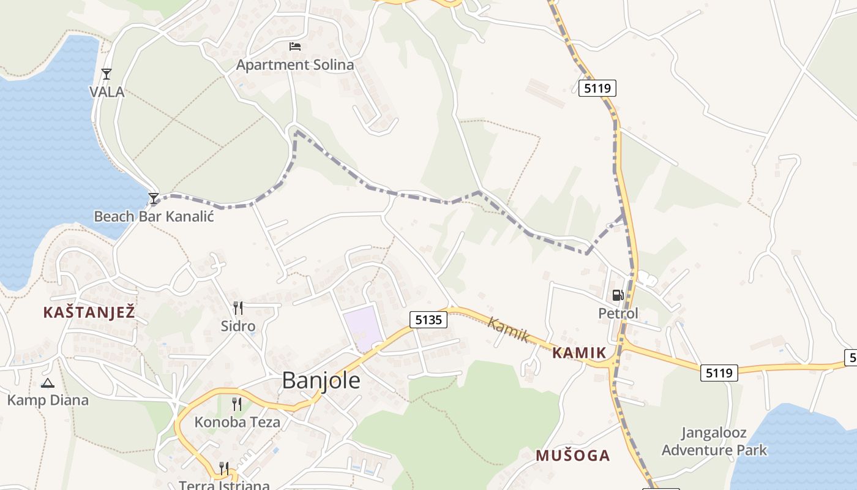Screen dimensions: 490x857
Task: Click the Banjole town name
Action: tap(321, 380)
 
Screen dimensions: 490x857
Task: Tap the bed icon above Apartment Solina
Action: tap(295, 46)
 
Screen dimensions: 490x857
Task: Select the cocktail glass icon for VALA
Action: tap(107, 74)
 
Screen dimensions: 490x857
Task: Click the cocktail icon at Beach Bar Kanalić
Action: tap(154, 198)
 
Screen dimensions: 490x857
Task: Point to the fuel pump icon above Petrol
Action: tap(618, 295)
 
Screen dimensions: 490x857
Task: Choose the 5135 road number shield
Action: tap(428, 319)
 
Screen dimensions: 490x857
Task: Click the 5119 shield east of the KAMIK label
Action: tap(719, 372)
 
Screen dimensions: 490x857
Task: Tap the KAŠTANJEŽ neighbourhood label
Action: tap(89, 312)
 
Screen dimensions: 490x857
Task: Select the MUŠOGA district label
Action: tap(572, 455)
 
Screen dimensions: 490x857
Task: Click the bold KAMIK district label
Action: tap(579, 353)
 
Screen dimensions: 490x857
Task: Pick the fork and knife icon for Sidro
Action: tap(238, 307)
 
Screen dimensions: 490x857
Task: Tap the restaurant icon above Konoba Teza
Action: tap(236, 404)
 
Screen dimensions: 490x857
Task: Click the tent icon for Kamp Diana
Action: tap(47, 383)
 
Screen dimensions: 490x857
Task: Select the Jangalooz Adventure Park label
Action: tap(714, 442)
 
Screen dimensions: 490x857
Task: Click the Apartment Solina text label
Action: tap(295, 65)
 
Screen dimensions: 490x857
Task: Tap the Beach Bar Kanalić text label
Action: tap(154, 216)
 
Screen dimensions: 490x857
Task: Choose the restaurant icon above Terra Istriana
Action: tap(224, 468)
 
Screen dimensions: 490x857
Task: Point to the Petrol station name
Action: tap(618, 314)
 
